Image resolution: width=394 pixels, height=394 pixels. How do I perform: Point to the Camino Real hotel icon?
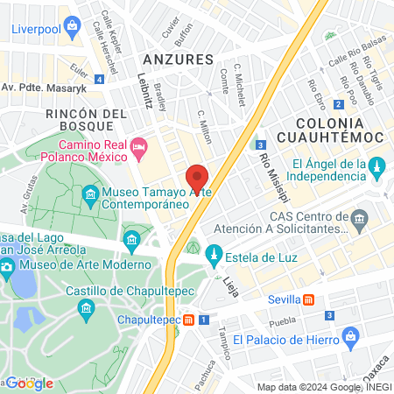(x=138, y=146)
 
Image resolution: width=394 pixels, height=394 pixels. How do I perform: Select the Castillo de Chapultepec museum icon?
(x=86, y=307)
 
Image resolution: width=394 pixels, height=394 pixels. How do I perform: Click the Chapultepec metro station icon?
(x=188, y=320)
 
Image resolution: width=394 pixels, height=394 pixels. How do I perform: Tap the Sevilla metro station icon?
(x=308, y=299)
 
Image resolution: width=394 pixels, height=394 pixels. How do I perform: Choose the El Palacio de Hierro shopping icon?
(x=350, y=336)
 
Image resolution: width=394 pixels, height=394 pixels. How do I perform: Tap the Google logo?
(x=29, y=383)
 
